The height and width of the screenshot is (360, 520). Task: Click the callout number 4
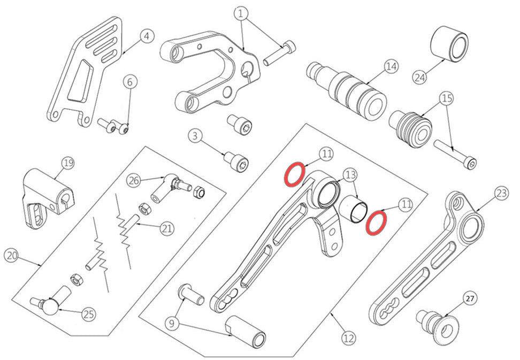[147, 36]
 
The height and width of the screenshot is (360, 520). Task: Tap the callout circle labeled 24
[420, 77]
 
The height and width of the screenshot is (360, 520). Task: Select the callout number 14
[391, 67]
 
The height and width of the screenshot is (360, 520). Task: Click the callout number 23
[501, 194]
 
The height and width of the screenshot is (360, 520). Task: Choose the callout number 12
[348, 338]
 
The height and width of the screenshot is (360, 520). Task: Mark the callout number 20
[12, 256]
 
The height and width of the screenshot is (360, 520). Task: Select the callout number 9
[172, 323]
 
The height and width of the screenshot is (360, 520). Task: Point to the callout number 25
[89, 314]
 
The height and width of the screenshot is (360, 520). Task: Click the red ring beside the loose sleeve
[377, 222]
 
